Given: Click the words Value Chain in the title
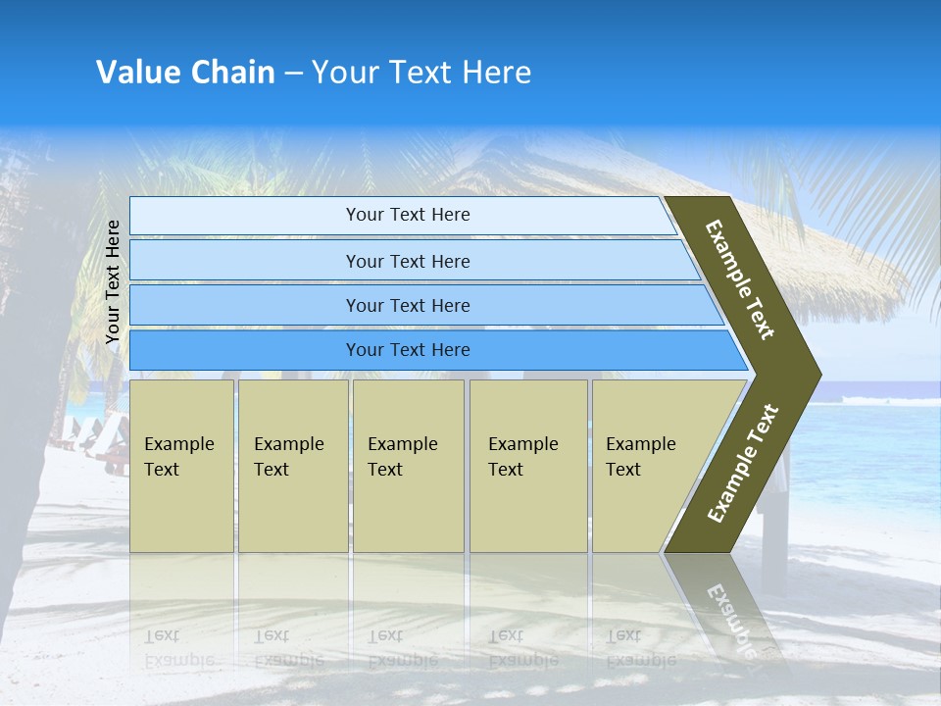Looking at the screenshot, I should coord(185,73).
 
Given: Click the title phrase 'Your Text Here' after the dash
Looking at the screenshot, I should coord(421,73).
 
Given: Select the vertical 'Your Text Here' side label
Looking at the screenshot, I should coord(113,281).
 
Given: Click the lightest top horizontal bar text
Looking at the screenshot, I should coord(408,215).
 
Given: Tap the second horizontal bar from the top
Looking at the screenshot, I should coord(408,261).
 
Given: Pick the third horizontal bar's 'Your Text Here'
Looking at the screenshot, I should coord(408,306).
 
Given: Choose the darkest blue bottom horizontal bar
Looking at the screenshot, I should coord(408,350).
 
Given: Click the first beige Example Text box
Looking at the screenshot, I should coord(181,466).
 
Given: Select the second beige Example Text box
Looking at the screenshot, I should coord(292,466).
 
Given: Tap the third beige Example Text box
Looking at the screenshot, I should coord(407,466).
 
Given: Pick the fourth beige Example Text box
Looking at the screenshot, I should coord(527,466).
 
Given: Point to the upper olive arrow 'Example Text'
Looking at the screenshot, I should coord(740,279).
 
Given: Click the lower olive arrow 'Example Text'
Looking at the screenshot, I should coord(742,464).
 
